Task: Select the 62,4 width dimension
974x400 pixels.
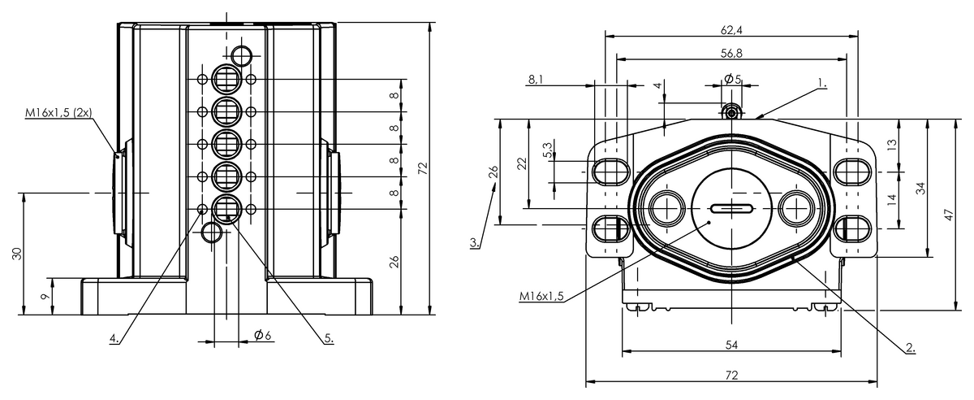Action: [x=730, y=31]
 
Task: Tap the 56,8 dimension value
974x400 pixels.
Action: [x=730, y=54]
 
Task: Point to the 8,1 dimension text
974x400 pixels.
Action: [x=537, y=80]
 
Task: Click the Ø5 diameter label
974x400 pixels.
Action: [x=732, y=79]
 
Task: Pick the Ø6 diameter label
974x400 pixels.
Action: [x=262, y=334]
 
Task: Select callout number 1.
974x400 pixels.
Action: [x=821, y=83]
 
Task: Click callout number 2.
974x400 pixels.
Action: [x=911, y=347]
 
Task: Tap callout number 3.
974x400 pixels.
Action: [x=475, y=241]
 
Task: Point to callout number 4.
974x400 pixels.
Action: [x=116, y=337]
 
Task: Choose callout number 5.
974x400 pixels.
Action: [x=330, y=337]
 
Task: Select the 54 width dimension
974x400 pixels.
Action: [x=731, y=346]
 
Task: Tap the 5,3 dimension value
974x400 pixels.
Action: [x=549, y=150]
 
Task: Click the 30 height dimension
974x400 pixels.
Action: [x=17, y=253]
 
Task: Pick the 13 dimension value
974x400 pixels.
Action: [x=892, y=146]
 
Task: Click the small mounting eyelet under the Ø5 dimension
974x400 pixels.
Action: [x=732, y=111]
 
